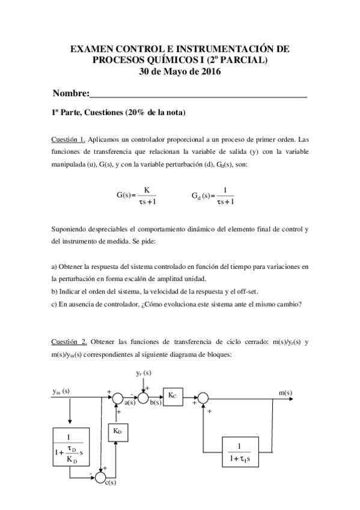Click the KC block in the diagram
point(172,396)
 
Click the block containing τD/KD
point(72,448)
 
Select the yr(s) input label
point(143,374)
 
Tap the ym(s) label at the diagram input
point(61,391)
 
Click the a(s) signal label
point(128,402)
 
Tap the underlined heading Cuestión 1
point(68,140)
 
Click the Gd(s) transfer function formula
point(213,195)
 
